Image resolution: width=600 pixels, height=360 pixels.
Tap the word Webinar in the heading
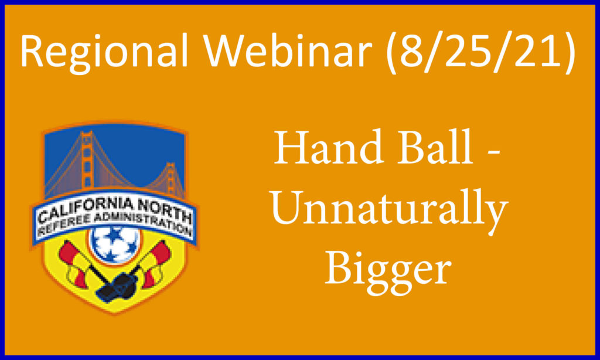tap(288, 50)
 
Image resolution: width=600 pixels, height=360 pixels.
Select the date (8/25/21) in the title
tap(480, 52)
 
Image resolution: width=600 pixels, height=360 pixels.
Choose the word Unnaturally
tap(390, 209)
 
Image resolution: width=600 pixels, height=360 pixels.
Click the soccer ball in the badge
tap(114, 244)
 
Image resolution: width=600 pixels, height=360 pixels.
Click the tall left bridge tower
tap(87, 161)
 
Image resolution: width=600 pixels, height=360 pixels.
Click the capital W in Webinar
tap(223, 50)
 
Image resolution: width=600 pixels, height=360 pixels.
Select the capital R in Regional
tap(32, 50)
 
